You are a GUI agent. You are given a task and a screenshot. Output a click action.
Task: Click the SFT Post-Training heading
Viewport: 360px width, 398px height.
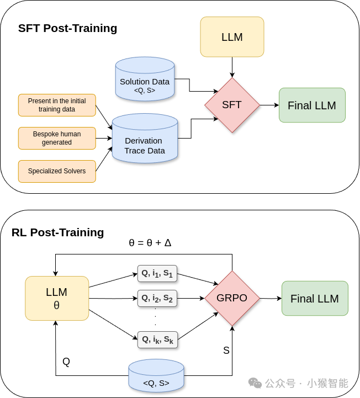click(x=67, y=28)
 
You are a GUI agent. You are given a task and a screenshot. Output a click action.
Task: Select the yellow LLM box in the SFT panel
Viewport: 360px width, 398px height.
click(x=232, y=37)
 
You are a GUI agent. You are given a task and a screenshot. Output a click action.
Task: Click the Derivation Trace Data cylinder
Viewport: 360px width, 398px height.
click(x=145, y=139)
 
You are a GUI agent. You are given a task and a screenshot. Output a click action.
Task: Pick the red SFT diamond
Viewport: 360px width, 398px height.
click(x=232, y=105)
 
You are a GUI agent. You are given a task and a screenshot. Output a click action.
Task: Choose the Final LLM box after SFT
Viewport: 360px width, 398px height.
click(x=312, y=105)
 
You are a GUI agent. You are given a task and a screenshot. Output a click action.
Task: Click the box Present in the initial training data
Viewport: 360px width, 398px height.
click(x=57, y=105)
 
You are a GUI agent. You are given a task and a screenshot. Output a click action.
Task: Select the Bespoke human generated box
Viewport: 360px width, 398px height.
click(x=57, y=138)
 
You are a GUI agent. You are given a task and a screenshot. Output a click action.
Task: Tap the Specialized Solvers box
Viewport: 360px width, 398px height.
click(x=57, y=171)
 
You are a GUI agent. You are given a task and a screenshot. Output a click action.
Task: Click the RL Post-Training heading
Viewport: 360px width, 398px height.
click(x=58, y=232)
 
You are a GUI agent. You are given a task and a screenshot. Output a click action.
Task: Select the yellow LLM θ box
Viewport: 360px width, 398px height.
click(x=57, y=298)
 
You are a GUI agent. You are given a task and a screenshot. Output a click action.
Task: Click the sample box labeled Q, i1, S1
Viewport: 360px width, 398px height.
click(x=157, y=274)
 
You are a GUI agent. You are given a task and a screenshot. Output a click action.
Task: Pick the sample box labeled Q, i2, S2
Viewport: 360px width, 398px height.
click(x=157, y=299)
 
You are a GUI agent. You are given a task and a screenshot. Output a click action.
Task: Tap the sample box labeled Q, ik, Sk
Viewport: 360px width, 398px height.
click(x=157, y=339)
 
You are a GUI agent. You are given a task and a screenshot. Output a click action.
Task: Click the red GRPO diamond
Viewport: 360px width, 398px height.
click(x=232, y=298)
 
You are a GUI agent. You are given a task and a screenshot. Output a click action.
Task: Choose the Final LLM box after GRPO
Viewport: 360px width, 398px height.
click(x=315, y=299)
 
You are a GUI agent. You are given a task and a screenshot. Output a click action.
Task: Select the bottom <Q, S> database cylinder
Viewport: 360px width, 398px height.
click(x=156, y=375)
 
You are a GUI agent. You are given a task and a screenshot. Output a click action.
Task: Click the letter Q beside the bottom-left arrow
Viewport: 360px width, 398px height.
click(x=66, y=362)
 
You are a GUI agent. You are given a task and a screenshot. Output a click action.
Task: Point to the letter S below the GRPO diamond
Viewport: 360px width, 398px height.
click(x=226, y=351)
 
